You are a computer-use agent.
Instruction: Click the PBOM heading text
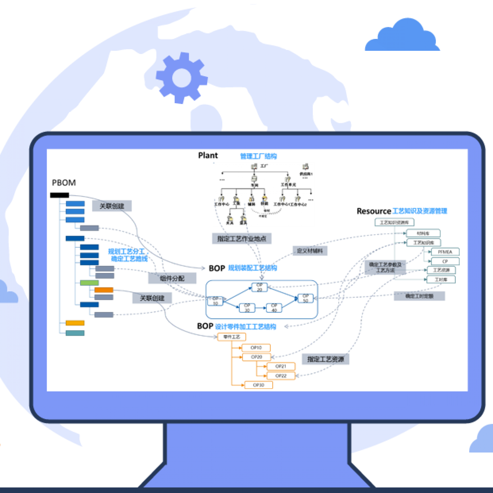64,183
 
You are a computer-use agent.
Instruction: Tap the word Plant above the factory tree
208,156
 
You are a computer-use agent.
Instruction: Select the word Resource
374,211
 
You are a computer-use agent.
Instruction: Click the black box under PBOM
60,195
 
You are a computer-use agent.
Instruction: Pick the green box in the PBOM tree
89,283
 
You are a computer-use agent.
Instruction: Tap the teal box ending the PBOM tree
75,333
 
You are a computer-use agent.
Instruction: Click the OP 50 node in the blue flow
305,298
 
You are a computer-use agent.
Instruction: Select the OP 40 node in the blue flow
274,308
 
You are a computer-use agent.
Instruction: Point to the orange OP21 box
281,366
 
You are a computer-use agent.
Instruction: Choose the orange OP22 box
281,376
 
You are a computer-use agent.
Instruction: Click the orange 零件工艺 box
231,337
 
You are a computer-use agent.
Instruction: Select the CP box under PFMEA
445,262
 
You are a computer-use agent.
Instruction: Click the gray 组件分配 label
172,278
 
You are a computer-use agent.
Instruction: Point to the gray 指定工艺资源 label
325,359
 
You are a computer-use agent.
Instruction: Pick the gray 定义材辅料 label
310,251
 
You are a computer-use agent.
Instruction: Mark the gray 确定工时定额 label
419,296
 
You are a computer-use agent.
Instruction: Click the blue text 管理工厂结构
258,156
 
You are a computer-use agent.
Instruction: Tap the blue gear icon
181,78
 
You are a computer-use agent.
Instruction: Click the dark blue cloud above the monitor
402,37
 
